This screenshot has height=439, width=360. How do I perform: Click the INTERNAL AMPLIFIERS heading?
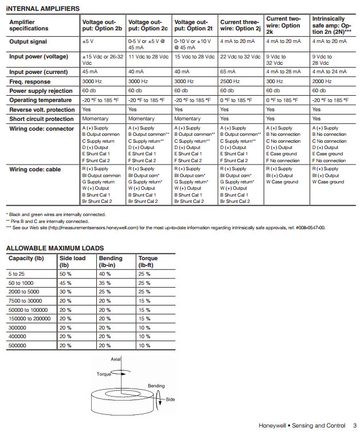(x=43, y=9)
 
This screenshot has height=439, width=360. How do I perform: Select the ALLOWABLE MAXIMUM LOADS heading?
(x=55, y=248)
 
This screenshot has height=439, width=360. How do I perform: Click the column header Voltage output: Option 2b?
(x=103, y=25)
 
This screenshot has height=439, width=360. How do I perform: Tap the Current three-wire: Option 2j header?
(x=240, y=25)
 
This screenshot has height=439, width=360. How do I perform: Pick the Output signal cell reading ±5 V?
(x=88, y=41)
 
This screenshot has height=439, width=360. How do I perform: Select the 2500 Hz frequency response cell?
(x=230, y=81)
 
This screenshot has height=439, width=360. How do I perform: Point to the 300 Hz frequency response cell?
(x=275, y=81)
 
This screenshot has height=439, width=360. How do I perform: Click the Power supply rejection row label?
(x=41, y=91)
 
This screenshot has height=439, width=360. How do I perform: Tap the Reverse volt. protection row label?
(x=42, y=109)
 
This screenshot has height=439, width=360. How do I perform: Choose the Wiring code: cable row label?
(x=36, y=169)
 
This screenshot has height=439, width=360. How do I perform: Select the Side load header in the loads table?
(x=72, y=261)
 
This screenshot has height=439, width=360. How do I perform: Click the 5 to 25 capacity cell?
(x=17, y=273)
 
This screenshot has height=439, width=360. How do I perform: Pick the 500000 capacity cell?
(x=18, y=346)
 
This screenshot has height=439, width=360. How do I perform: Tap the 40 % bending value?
(x=105, y=273)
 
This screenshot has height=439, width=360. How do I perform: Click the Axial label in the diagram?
(x=116, y=358)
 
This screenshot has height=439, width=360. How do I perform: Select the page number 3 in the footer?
(x=355, y=426)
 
